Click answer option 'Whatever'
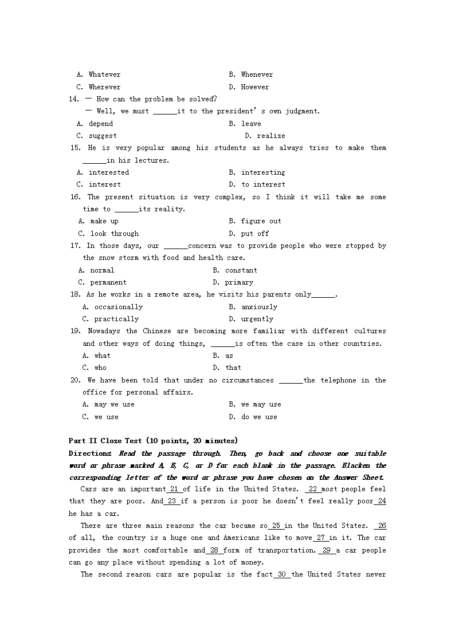pos(104,74)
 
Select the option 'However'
pos(254,87)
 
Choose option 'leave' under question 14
pos(251,124)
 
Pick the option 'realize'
pos(270,136)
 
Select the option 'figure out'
pos(261,221)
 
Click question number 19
pos(74,331)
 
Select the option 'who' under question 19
pos(100,368)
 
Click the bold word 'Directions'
pos(89,453)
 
